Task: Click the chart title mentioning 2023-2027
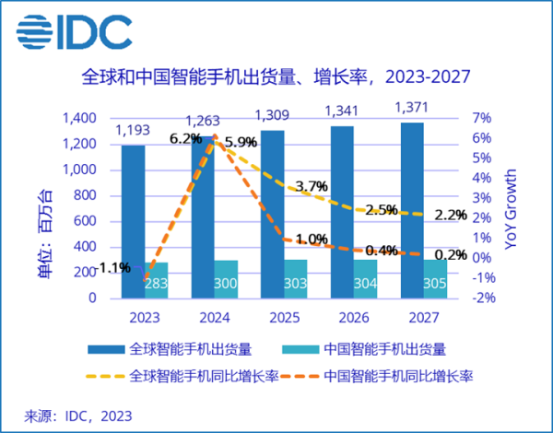tap(276, 76)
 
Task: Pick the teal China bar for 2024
tap(227, 280)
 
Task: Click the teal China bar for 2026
tap(367, 280)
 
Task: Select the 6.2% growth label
tap(185, 139)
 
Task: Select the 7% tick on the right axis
tap(482, 119)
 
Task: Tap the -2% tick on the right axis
tap(484, 298)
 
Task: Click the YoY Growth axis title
tap(512, 208)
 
